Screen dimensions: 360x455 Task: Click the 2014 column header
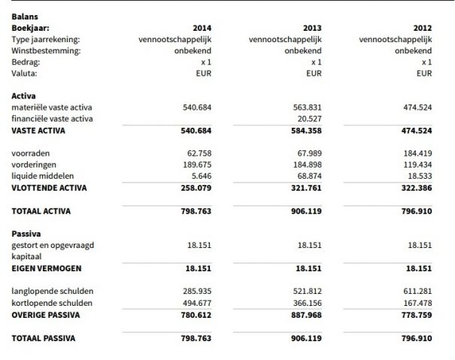[202, 26]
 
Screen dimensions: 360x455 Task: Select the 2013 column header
[313, 26]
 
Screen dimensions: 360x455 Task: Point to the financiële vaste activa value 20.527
[308, 119]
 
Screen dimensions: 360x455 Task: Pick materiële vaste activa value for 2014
[197, 107]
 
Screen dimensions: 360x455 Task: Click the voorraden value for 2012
[417, 153]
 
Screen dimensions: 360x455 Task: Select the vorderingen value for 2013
[308, 165]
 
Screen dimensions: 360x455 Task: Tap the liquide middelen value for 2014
[201, 176]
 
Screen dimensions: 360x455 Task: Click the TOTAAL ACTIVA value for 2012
[416, 211]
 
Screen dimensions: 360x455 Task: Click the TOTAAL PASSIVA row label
[44, 339]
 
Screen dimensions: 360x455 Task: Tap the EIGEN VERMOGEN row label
[47, 268]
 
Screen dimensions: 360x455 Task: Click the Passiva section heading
[25, 234]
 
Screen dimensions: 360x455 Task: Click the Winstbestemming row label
[46, 50]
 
